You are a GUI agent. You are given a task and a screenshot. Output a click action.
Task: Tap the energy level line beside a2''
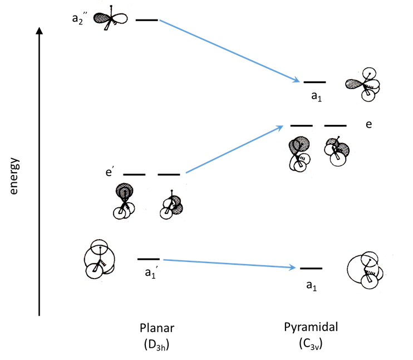[x=147, y=20]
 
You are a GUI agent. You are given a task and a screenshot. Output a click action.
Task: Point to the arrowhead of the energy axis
[x=39, y=30]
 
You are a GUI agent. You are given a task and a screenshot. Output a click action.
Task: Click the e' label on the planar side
[x=110, y=172]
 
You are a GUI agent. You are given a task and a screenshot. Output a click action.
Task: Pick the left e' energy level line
[x=134, y=174]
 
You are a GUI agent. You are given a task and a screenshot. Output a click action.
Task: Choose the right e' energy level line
[x=169, y=174]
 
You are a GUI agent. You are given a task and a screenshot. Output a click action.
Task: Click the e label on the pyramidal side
[x=368, y=124]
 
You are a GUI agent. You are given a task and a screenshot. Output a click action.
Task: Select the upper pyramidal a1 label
[x=317, y=96]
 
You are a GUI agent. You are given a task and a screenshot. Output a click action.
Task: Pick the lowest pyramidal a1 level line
[x=311, y=269]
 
